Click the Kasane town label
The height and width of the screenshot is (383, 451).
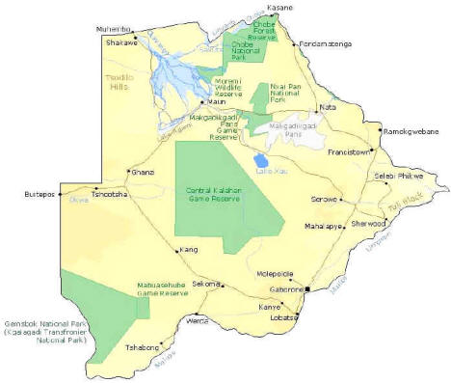(x=279, y=7)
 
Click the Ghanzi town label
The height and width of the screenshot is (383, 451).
(x=143, y=171)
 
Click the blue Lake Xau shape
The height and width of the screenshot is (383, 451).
(x=259, y=159)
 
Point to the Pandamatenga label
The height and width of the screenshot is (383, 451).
(x=327, y=43)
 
